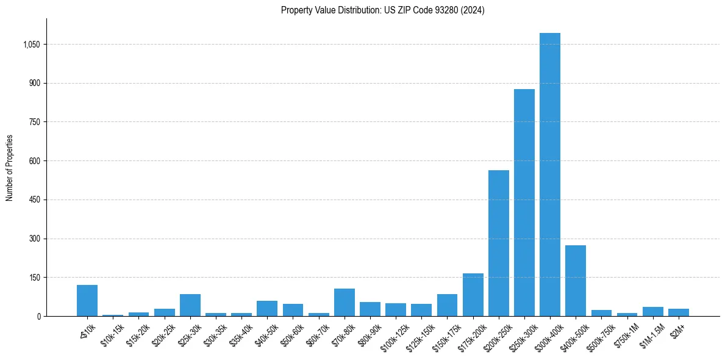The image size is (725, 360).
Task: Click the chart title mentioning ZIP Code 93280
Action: tap(382, 10)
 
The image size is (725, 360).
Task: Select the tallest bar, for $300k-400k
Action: tap(549, 175)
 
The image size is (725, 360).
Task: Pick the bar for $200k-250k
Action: tap(498, 243)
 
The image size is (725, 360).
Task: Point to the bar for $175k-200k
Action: tap(473, 295)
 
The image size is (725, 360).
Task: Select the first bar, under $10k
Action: tap(87, 301)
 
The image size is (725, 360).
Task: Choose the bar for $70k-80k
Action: tap(345, 303)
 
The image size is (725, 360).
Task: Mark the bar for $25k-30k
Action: tap(190, 305)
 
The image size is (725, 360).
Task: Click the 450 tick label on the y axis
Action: tap(35, 200)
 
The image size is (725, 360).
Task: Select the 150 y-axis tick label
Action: tap(35, 278)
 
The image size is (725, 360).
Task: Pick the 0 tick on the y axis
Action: tap(38, 316)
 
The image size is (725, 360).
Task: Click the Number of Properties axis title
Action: tap(10, 168)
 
